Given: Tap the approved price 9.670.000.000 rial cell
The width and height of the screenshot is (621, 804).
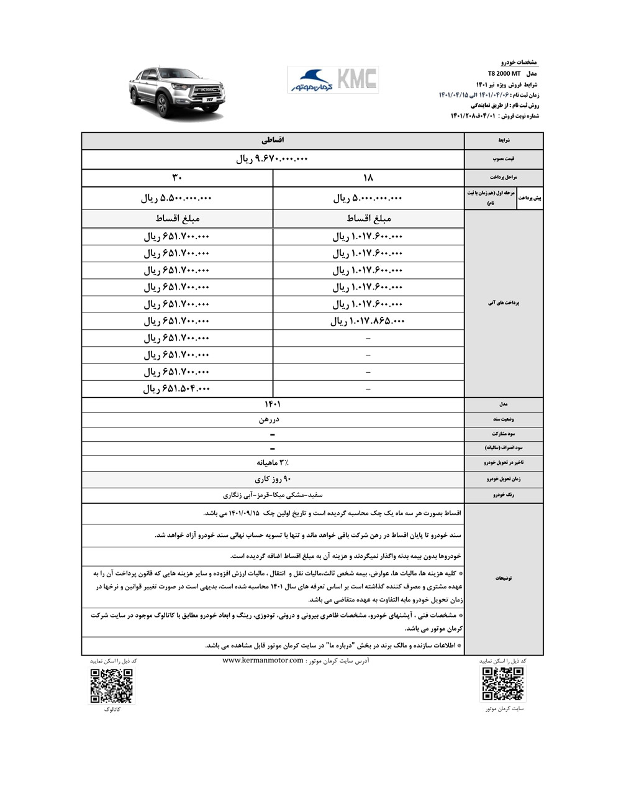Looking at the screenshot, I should pos(273,159).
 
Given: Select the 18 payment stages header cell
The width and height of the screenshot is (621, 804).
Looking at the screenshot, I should pos(368,178).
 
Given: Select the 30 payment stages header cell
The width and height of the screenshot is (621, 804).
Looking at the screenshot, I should pos(177,178).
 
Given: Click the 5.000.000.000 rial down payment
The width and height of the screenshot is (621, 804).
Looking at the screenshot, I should pos(368,198).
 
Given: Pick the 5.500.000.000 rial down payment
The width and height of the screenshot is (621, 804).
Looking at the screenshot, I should pos(177,198).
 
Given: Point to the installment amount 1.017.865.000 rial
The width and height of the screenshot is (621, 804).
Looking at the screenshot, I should pos(368,321).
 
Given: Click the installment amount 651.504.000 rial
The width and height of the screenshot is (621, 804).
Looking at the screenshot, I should pos(177,389).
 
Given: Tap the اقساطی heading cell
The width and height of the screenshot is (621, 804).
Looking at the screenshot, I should pos(273,140).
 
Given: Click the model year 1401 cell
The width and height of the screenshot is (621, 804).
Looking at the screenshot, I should pos(273,404).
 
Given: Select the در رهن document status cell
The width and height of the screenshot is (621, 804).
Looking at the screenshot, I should pos(273,419).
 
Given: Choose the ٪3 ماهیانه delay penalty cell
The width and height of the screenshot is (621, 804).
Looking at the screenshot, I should pos(273,463).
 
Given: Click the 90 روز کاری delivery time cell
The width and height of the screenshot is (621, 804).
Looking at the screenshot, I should pos(273,479).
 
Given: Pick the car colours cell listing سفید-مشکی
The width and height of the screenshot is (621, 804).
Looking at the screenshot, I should pos(273,495).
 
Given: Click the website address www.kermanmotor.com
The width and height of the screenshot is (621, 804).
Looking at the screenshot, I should pos(263,660).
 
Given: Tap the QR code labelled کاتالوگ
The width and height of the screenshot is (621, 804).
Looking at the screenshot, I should pos(112,686).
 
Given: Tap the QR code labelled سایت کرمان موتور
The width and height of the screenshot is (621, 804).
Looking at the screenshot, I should pos(504,684).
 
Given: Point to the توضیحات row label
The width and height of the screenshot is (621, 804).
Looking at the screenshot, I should pos(504,578).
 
